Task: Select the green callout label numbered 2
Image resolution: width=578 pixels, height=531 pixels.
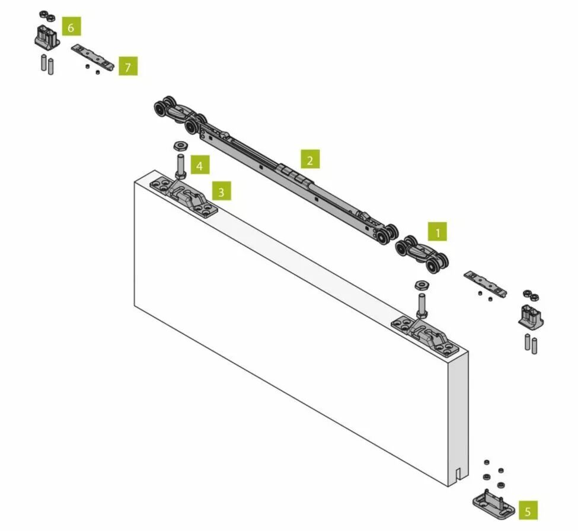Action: pos(310,159)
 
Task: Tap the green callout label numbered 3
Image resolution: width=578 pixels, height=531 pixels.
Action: pos(221,191)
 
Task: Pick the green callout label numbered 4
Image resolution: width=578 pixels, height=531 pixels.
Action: pos(200,165)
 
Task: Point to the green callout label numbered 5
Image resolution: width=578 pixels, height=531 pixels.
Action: pos(528,510)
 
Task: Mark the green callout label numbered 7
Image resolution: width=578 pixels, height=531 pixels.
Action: pos(128,66)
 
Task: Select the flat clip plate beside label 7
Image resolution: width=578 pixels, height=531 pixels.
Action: pos(92,57)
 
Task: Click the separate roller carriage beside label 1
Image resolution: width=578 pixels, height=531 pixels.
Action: pos(422,254)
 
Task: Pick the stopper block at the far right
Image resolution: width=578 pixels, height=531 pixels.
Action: pos(531,316)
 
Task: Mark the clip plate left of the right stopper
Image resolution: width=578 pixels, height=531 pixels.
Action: pos(485,283)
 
